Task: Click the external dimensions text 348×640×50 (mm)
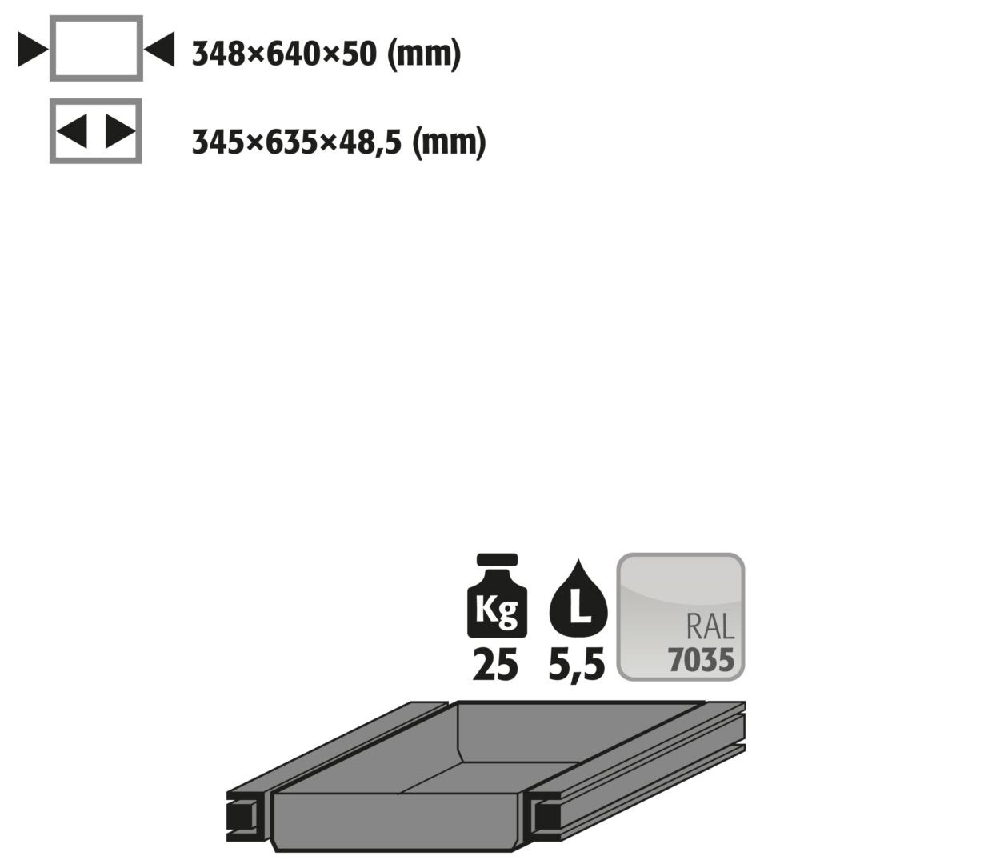point(326,54)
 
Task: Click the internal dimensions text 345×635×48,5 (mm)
point(339,142)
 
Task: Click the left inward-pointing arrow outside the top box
point(33,50)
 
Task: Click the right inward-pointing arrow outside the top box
point(159,49)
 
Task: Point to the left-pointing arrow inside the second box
point(72,131)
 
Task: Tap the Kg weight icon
point(497,595)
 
